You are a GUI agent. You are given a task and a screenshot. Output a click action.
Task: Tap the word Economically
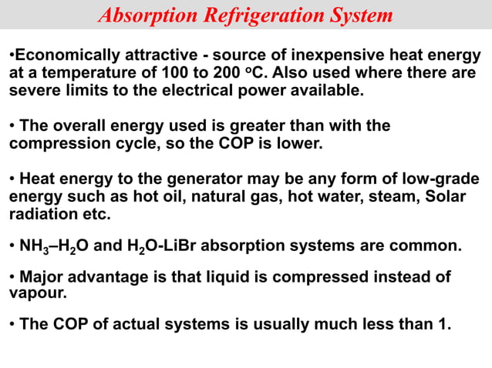(x=65, y=56)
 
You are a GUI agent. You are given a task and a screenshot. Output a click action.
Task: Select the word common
(x=425, y=247)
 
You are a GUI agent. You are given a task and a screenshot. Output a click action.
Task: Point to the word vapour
(x=35, y=293)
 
